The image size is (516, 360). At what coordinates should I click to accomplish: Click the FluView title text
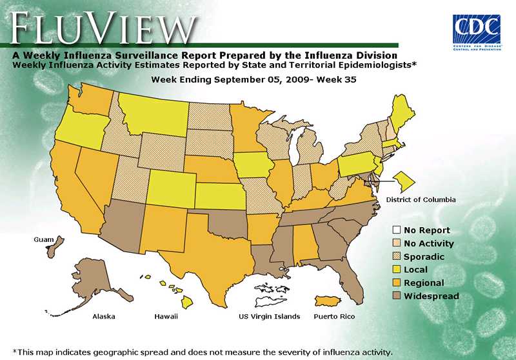pyautogui.click(x=103, y=27)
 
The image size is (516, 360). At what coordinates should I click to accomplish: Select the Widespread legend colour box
pyautogui.click(x=397, y=296)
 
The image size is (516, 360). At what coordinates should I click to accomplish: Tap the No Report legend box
pyautogui.click(x=397, y=230)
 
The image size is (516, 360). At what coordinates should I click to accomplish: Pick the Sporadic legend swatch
pyautogui.click(x=397, y=257)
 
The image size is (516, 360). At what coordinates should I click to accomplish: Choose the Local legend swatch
pyautogui.click(x=397, y=270)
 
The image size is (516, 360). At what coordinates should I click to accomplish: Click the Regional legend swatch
pyautogui.click(x=397, y=283)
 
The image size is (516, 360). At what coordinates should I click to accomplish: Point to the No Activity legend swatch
pyautogui.click(x=397, y=244)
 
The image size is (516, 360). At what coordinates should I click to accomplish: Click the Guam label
pyautogui.click(x=44, y=239)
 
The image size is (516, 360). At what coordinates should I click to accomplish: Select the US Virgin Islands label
pyautogui.click(x=269, y=317)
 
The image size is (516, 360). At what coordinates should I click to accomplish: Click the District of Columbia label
pyautogui.click(x=421, y=200)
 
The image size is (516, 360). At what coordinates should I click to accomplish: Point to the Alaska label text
pyautogui.click(x=104, y=317)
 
